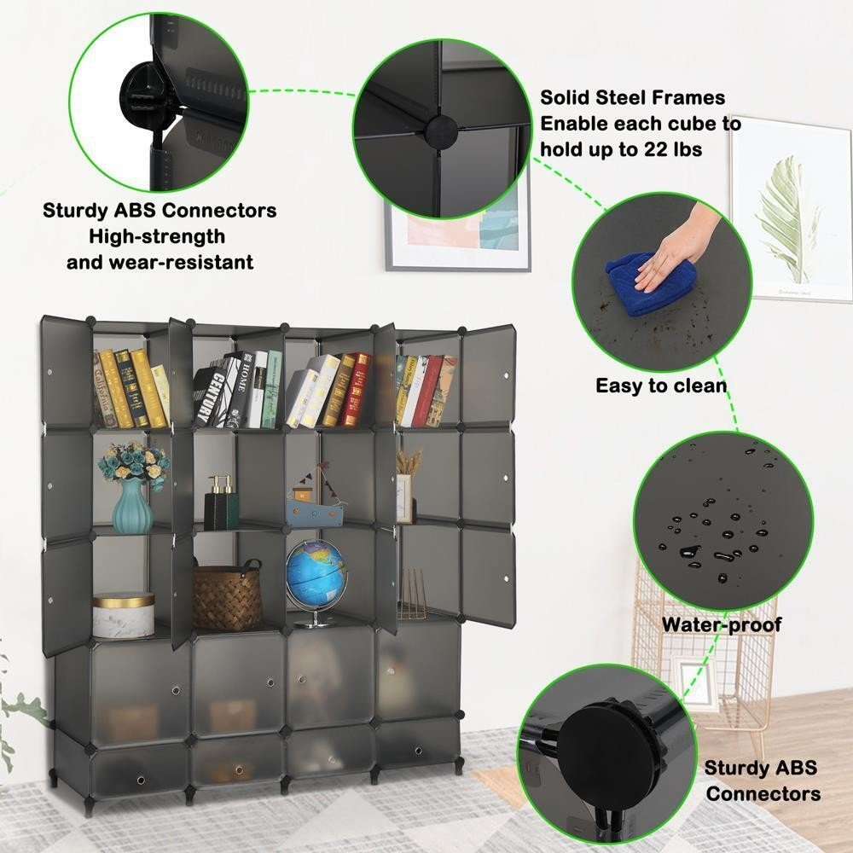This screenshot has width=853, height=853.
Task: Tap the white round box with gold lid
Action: pyautogui.click(x=124, y=615)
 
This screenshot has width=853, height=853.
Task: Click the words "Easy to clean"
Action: pyautogui.click(x=661, y=386)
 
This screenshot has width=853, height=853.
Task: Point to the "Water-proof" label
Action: pyautogui.click(x=722, y=624)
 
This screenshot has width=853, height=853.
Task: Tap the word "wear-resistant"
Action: pyautogui.click(x=182, y=262)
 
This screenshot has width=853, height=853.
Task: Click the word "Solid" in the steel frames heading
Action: pyautogui.click(x=565, y=97)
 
